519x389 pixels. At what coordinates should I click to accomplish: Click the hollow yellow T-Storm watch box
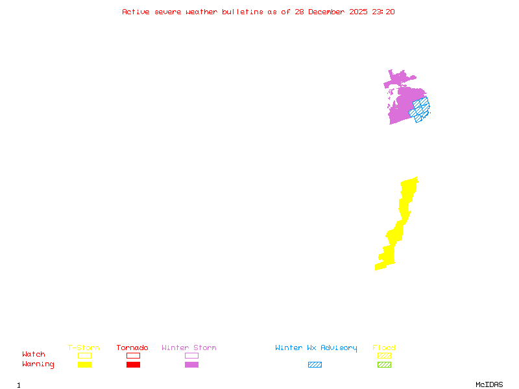click(84, 355)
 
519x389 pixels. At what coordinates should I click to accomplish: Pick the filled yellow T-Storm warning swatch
click(84, 364)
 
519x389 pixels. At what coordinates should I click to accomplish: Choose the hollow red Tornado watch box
click(133, 355)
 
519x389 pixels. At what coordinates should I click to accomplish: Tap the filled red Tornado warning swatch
click(133, 364)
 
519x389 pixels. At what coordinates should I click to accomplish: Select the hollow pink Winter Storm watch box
click(191, 355)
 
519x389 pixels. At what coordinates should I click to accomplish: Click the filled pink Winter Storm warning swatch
click(191, 364)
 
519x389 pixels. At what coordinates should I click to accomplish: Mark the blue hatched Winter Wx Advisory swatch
click(315, 364)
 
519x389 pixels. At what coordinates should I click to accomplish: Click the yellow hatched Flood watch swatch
click(384, 355)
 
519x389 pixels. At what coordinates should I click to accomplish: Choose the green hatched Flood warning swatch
click(384, 364)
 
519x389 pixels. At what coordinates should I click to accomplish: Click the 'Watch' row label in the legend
click(34, 355)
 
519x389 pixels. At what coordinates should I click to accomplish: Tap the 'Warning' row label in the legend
click(38, 364)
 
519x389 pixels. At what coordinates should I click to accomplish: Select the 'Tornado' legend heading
click(132, 348)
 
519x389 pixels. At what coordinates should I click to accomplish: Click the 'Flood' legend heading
click(384, 348)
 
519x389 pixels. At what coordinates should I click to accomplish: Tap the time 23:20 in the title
click(384, 12)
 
